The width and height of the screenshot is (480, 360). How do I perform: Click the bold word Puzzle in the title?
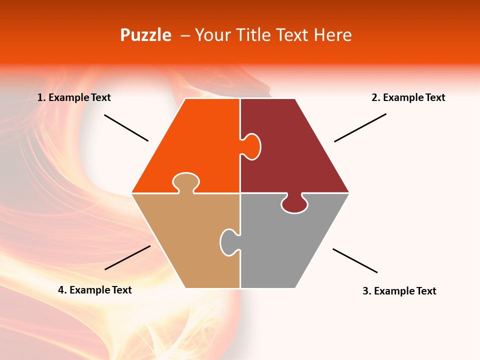coord(145,35)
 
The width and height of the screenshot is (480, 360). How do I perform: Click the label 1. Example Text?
coord(74,97)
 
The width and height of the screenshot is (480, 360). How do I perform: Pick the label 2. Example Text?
coord(408,97)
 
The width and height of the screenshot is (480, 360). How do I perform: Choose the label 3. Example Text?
coord(399,291)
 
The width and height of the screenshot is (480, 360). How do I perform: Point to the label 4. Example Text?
coord(95,290)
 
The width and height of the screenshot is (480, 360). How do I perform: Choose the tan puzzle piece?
coord(185,240)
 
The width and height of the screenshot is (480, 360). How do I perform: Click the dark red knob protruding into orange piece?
coord(251,146)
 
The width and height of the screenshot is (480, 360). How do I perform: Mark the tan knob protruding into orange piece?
coord(186,182)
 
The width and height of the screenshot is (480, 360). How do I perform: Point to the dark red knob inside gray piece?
coord(294,204)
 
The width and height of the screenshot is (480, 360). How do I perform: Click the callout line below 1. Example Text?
coord(126,128)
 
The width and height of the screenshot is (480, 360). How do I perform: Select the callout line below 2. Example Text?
coord(360,127)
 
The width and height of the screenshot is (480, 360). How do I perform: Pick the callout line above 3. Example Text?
coord(355,260)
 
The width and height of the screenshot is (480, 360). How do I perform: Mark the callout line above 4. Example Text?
coord(127,257)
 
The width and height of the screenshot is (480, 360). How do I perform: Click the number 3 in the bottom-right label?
coord(365,291)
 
